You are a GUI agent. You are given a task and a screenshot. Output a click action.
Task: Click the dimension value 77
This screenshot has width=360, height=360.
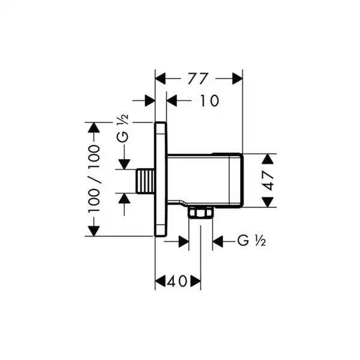point(197,79)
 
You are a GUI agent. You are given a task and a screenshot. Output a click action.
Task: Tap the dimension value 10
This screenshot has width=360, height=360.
point(210,101)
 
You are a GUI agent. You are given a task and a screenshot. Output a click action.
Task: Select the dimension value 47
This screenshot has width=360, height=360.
point(268,180)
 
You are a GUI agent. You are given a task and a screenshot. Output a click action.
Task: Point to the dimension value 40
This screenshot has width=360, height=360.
point(177,281)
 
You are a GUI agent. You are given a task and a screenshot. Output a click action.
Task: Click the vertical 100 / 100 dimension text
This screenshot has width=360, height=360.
point(94,178)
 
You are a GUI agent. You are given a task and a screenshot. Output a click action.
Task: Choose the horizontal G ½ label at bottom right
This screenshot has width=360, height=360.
point(251,241)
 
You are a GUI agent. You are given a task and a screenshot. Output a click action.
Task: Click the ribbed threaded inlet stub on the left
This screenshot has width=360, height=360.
point(146,181)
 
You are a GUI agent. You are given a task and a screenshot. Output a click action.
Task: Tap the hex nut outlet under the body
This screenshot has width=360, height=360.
point(200,212)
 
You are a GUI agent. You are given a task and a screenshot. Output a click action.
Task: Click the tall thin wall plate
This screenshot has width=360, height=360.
point(160,179)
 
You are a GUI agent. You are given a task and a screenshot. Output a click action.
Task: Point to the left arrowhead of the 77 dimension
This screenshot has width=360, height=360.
point(160,79)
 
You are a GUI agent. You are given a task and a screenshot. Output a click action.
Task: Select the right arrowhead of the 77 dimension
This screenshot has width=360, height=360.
point(238,79)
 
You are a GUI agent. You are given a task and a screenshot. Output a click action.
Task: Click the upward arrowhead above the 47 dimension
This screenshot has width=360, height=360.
point(268,159)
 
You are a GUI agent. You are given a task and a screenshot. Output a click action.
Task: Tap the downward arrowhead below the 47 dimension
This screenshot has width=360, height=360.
point(268,202)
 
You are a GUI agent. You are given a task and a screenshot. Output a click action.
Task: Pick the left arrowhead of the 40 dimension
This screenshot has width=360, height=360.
point(160,281)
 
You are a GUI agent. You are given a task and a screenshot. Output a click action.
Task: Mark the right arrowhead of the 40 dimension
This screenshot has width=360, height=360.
point(196,281)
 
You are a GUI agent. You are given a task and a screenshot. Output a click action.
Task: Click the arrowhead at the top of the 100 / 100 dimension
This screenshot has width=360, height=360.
point(94,127)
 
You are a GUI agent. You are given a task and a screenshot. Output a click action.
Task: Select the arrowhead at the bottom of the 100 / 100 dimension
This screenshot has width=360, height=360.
point(94,231)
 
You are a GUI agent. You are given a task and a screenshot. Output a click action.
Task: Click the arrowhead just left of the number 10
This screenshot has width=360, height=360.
point(172,101)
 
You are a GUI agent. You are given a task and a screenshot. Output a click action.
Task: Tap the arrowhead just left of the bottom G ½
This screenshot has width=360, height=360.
point(218,241)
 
